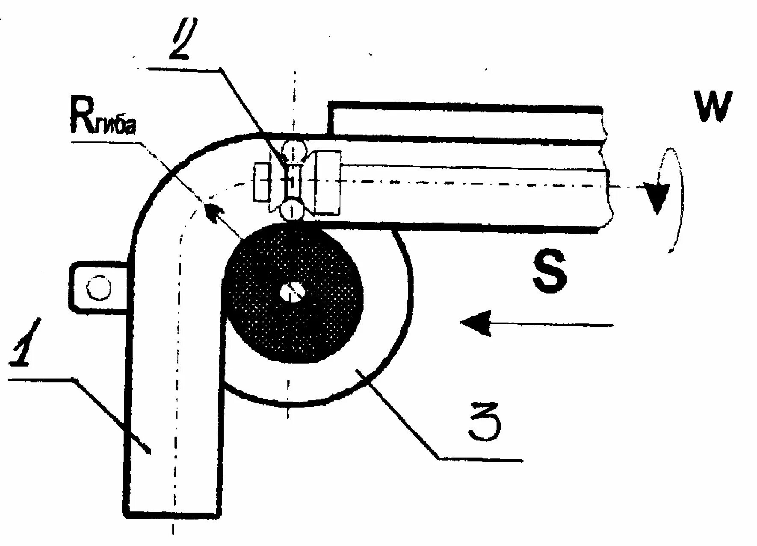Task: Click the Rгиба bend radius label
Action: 103,121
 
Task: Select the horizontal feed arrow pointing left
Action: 535,325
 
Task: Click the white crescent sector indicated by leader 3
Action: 376,342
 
